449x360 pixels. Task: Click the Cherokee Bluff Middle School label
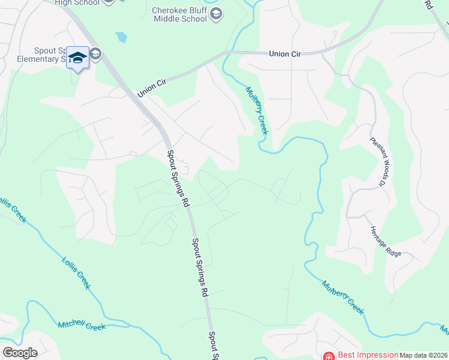179,14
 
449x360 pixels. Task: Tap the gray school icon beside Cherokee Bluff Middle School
217,14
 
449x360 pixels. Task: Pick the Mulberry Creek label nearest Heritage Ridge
343,297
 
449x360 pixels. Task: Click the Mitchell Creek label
82,326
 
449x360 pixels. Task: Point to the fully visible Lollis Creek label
76,273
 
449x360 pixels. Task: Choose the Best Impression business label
369,355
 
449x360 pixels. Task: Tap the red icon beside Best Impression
328,355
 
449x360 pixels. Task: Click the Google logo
20,353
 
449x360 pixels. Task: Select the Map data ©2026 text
424,355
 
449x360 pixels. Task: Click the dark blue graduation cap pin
77,58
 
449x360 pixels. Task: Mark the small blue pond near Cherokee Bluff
122,37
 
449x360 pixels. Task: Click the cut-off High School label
76,2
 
